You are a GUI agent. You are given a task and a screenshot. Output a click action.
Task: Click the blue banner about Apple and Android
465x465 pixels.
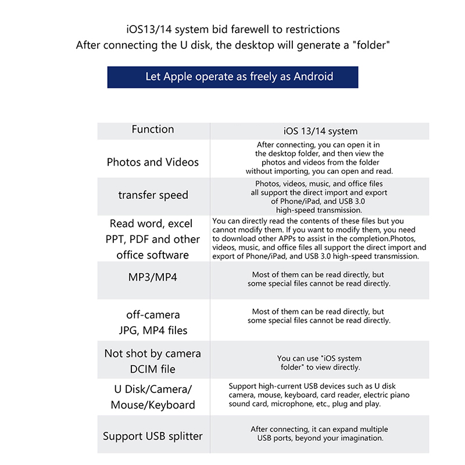coord(233,77)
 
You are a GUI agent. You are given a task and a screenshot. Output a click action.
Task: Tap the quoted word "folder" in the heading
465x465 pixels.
coord(364,45)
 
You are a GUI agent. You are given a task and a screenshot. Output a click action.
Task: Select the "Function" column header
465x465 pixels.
coord(153,130)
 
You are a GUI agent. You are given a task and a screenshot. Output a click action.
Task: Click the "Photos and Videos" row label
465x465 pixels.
coord(153,162)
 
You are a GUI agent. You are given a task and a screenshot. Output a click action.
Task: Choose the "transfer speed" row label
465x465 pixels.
coord(153,195)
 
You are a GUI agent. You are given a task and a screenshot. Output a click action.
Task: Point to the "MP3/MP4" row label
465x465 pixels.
coord(152,277)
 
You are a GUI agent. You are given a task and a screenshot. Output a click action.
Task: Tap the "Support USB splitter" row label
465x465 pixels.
coord(153,436)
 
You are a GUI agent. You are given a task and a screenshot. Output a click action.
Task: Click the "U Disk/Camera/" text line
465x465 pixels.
coord(153,389)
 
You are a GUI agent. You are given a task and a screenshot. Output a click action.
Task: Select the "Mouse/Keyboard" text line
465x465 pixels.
coord(153,405)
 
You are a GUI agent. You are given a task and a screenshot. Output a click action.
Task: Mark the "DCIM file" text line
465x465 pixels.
coord(153,369)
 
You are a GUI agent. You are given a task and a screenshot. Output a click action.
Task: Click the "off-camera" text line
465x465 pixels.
coord(153,314)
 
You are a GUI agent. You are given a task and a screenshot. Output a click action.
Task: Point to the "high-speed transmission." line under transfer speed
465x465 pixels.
coord(319,210)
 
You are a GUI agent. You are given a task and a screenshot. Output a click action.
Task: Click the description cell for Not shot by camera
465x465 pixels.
coord(319,363)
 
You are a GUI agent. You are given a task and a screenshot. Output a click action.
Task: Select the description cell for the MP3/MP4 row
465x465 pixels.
coord(319,279)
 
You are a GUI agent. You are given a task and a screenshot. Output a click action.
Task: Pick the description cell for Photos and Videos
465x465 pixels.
coord(319,158)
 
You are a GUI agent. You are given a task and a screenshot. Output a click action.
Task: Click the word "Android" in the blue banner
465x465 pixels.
coord(313,77)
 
